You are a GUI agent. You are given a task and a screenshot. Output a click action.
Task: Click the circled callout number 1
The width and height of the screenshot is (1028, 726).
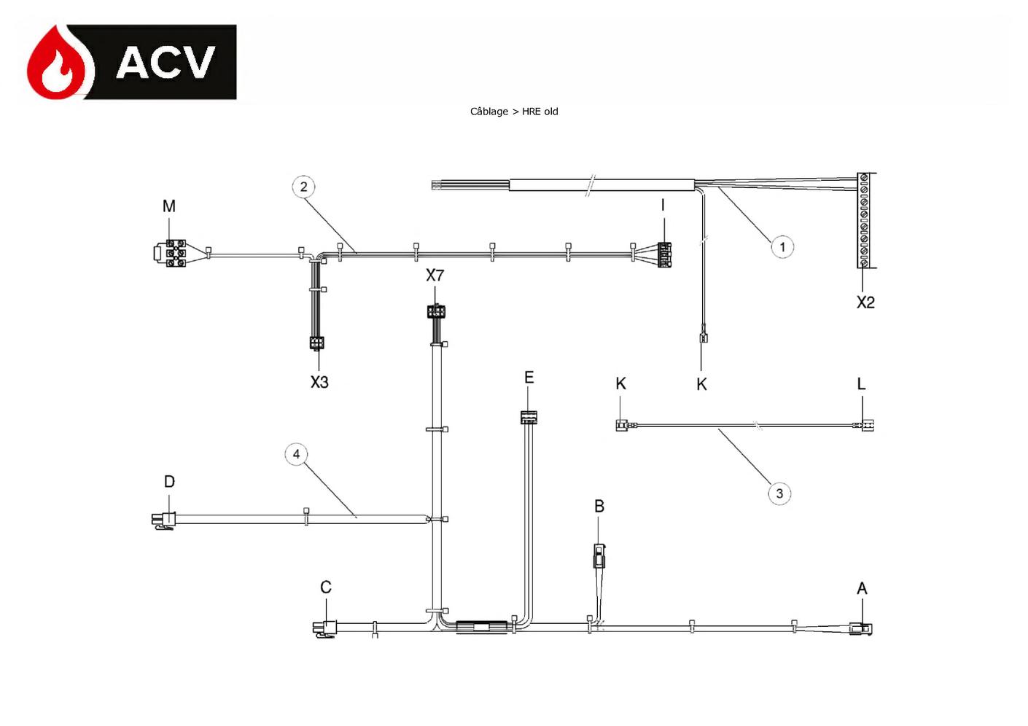782,247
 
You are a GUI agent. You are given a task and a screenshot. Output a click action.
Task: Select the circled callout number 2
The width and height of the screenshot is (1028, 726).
303,187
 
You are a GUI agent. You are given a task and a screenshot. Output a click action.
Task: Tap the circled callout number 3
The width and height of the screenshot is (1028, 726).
779,493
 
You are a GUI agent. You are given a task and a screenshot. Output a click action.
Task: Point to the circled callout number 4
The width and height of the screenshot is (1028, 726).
296,454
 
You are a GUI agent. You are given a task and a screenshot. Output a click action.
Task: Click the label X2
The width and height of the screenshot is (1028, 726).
865,302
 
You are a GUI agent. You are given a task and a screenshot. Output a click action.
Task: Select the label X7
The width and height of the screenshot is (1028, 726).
435,276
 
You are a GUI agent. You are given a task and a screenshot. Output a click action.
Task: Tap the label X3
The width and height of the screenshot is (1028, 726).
319,382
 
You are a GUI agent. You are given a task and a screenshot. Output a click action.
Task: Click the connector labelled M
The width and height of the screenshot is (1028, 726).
169,253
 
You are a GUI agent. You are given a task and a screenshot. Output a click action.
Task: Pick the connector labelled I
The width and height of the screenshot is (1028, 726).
664,254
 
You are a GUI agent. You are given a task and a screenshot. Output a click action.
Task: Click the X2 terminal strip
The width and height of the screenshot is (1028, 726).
864,220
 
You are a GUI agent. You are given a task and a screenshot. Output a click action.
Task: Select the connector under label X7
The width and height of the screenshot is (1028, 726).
435,311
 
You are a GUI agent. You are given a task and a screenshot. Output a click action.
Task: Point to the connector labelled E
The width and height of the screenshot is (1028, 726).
529,417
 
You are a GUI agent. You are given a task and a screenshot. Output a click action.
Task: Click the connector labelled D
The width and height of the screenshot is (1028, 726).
163,521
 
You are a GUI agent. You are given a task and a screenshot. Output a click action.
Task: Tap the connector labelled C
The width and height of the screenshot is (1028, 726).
324,628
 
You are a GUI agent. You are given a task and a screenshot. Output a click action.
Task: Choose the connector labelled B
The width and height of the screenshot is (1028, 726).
599,555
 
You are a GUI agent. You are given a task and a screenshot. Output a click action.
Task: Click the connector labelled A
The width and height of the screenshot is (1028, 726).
860,628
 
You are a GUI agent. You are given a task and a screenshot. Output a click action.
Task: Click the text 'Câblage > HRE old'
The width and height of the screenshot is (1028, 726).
514,112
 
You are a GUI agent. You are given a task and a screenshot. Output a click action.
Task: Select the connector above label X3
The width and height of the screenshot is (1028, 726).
316,343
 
